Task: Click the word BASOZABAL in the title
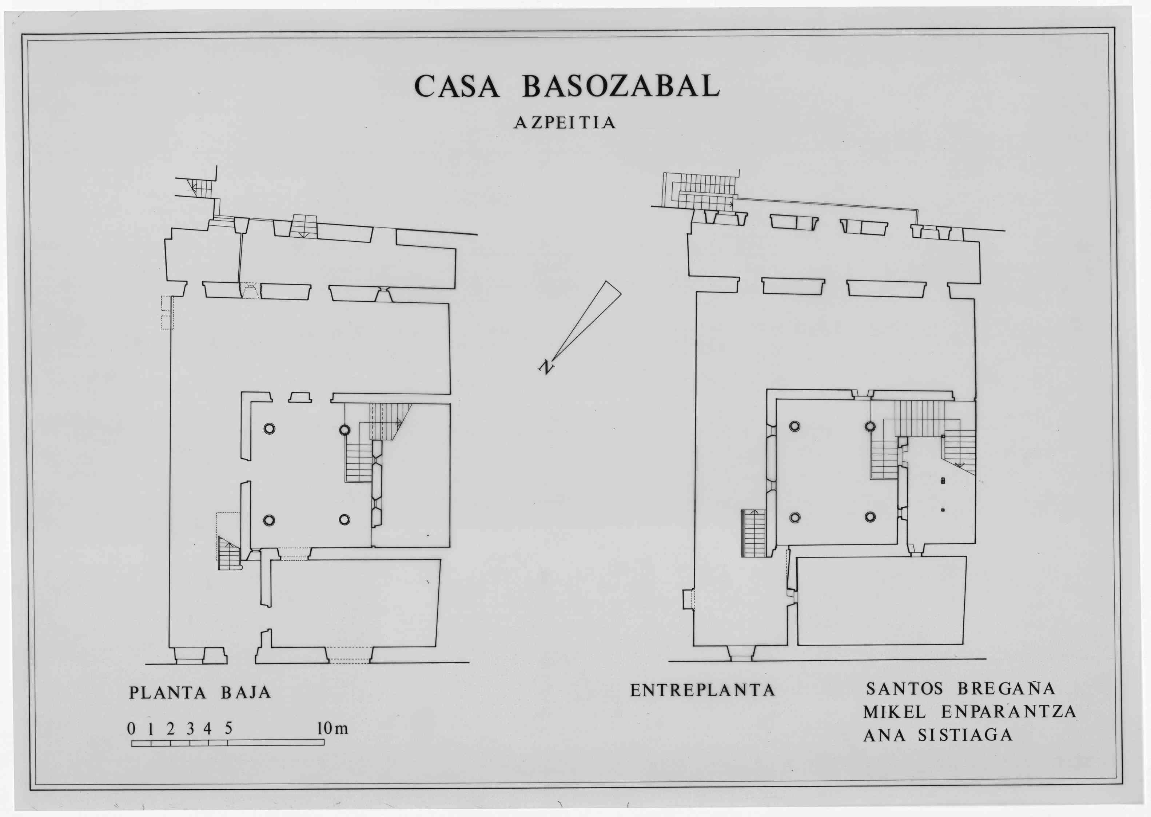(x=621, y=86)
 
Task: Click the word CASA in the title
(x=457, y=86)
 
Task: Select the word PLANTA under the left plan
(x=168, y=693)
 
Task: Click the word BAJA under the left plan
(x=246, y=693)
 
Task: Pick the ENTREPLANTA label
(x=702, y=690)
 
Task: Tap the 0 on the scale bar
(x=131, y=729)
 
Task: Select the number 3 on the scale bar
(x=190, y=729)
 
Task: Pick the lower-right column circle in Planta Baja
(x=344, y=519)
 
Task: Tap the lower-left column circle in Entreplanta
(x=795, y=517)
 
